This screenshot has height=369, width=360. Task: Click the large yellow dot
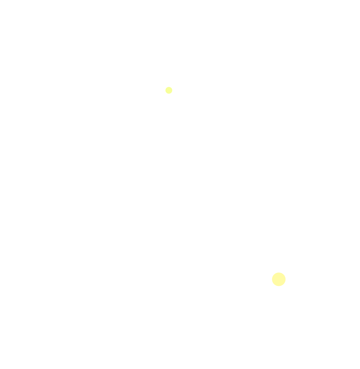point(279,279)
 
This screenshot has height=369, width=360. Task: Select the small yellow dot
point(169,90)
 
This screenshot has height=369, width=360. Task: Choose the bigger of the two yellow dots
point(279,279)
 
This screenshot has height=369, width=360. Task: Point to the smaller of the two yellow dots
point(169,90)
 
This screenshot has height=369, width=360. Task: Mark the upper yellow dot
point(169,90)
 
